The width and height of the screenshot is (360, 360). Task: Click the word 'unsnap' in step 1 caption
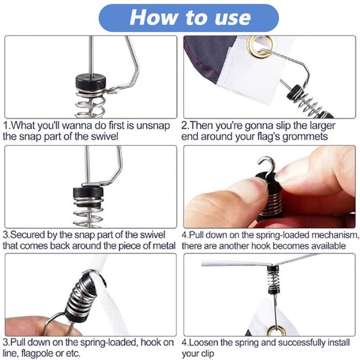coord(153,126)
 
